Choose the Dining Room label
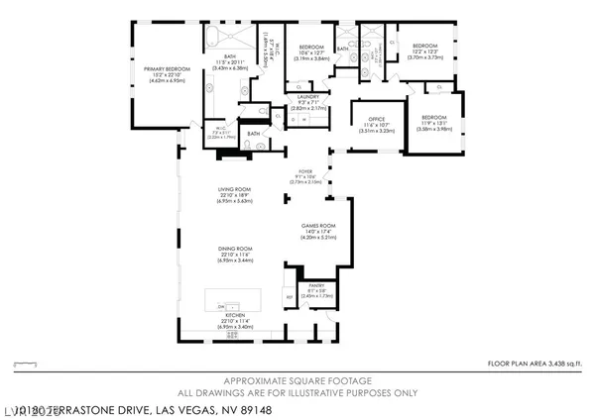235,248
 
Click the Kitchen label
235,314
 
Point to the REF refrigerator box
289,297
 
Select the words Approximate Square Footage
297,381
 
